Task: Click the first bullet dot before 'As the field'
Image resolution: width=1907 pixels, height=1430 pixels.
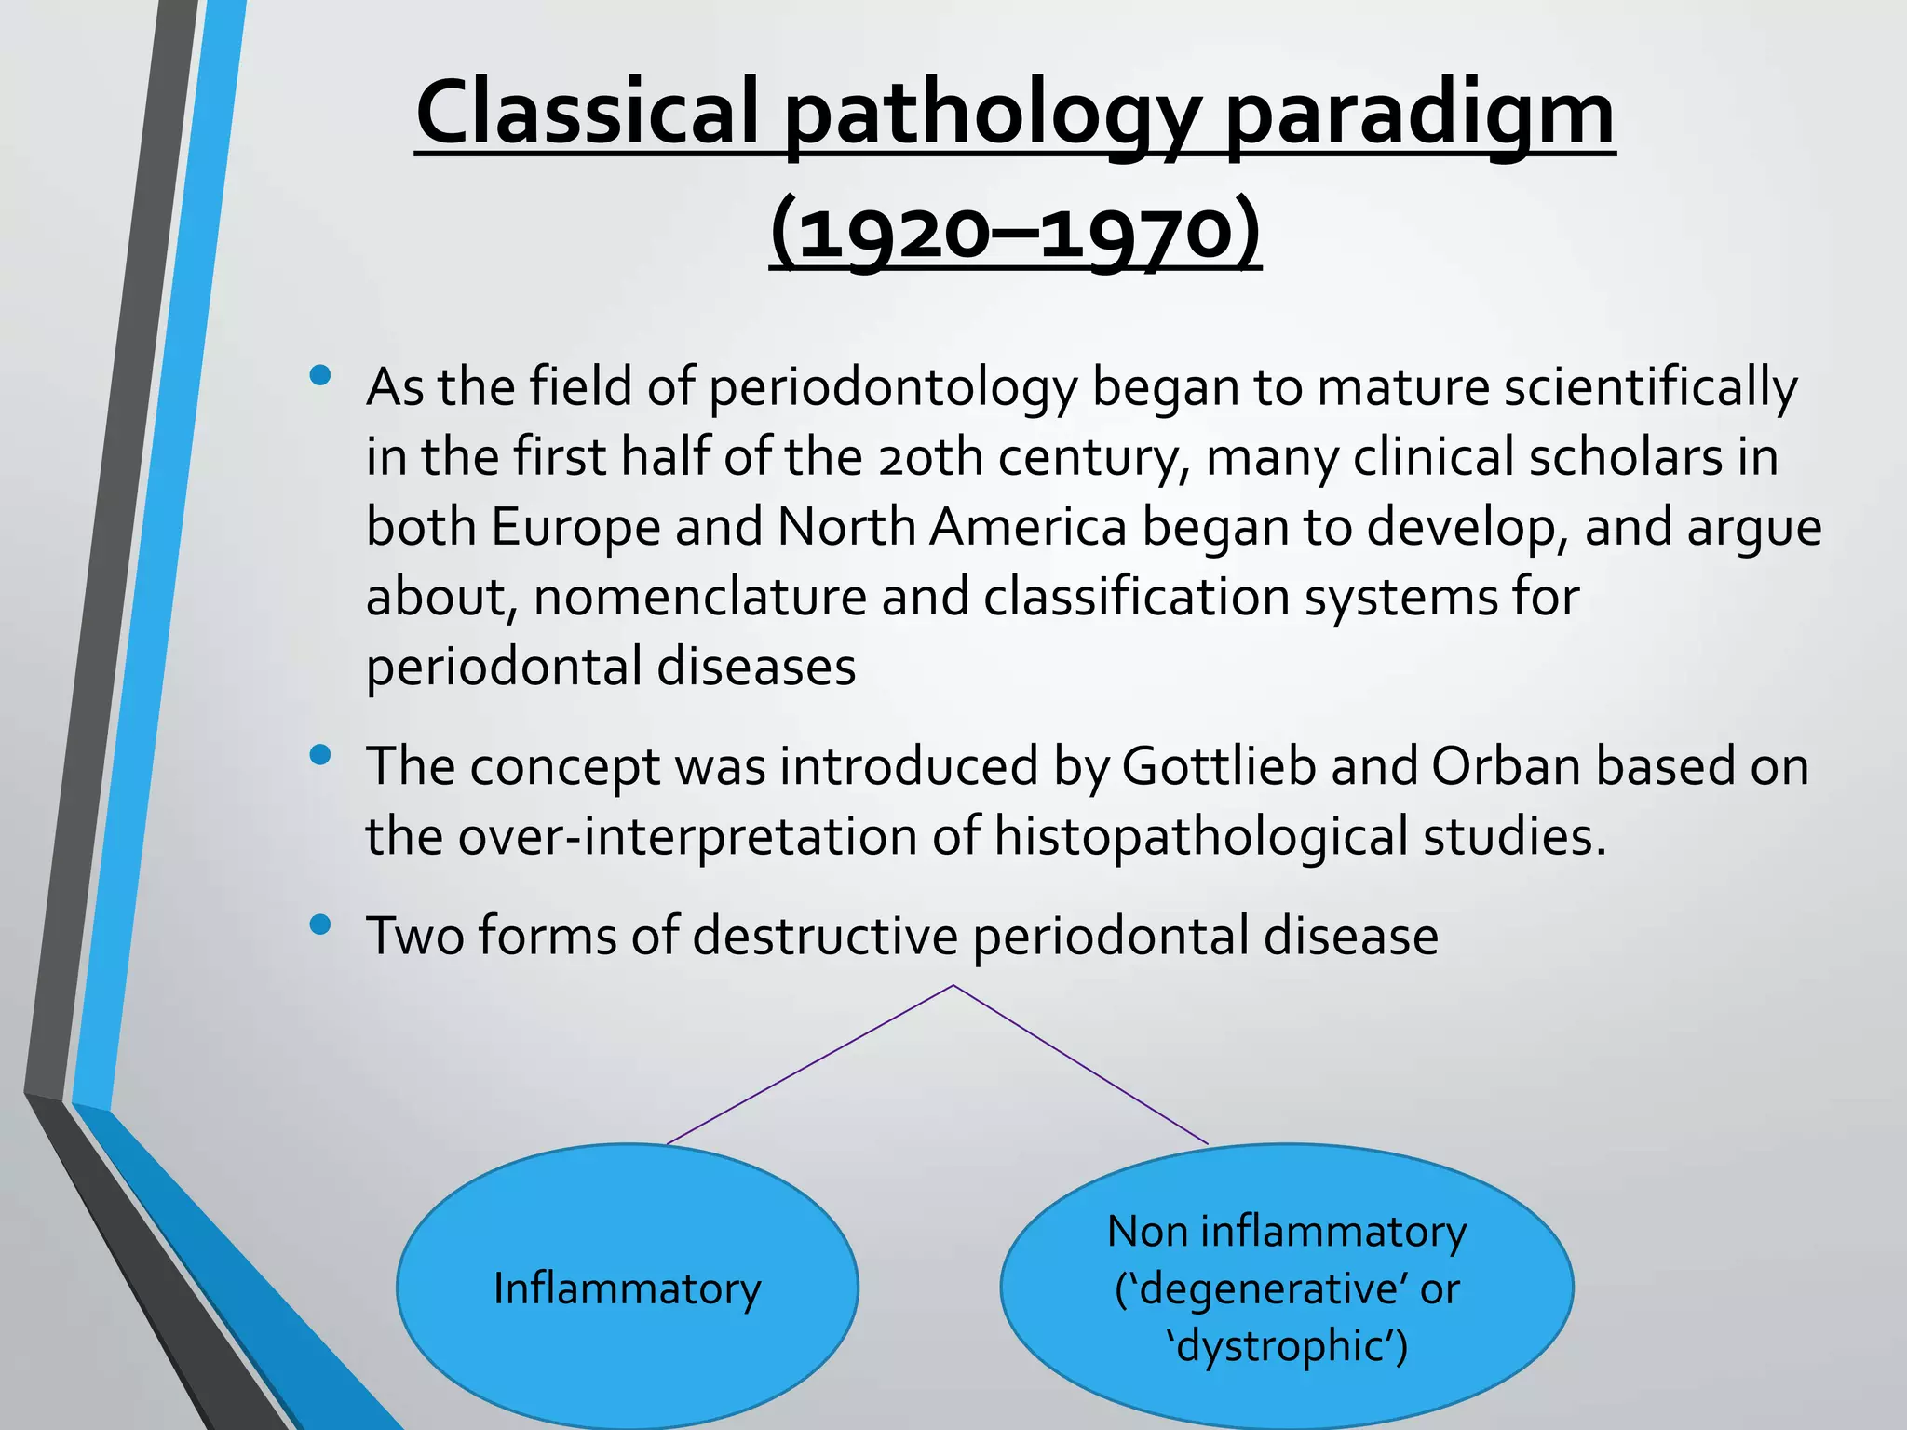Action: point(321,376)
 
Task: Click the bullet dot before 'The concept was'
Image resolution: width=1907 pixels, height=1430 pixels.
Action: point(321,755)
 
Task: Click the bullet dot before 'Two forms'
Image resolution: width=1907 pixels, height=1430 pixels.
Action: point(321,924)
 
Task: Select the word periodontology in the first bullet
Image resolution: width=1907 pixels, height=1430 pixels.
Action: point(892,387)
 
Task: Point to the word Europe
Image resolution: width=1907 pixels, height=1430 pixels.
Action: point(575,527)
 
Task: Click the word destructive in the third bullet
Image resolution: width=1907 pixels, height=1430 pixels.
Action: point(825,936)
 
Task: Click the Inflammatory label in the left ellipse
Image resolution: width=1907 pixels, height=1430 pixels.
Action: point(627,1289)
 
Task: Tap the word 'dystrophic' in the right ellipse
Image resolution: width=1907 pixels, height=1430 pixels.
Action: point(1287,1346)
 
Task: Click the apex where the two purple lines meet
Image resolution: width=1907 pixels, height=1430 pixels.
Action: point(953,985)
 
